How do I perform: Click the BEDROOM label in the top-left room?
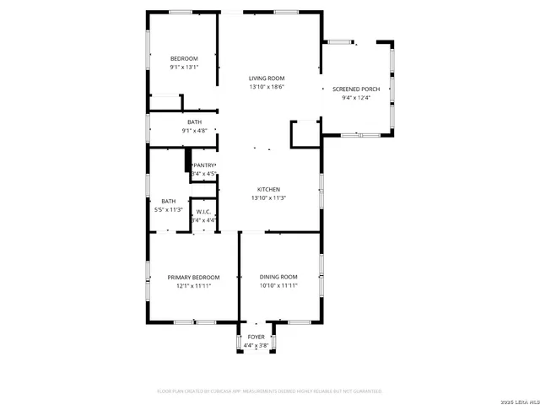click(183, 58)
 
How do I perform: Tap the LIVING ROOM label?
click(266, 78)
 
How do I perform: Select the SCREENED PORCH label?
click(357, 89)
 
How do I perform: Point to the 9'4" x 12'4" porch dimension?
click(357, 97)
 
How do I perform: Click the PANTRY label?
click(205, 165)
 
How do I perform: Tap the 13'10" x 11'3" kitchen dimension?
click(268, 197)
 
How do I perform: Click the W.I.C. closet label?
click(204, 212)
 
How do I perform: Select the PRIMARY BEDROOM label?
click(193, 278)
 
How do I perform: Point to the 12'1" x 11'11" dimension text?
click(193, 286)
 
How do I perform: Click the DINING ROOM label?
click(278, 278)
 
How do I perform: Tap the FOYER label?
click(256, 337)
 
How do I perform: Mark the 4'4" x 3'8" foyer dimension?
click(256, 345)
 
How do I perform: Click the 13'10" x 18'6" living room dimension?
click(266, 87)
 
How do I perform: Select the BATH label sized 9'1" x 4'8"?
click(194, 122)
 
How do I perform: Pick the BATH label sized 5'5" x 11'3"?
click(169, 201)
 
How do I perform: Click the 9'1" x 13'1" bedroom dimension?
click(183, 67)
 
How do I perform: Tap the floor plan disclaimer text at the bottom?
click(270, 391)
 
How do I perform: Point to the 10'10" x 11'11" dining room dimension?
click(278, 286)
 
